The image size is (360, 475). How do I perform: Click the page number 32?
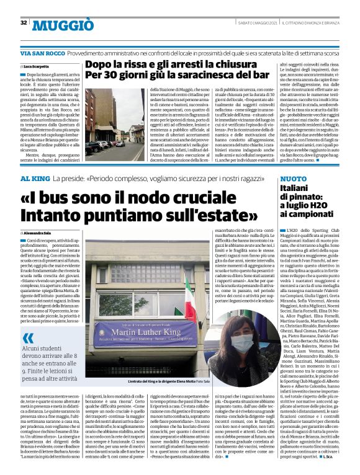click(x=23, y=22)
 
